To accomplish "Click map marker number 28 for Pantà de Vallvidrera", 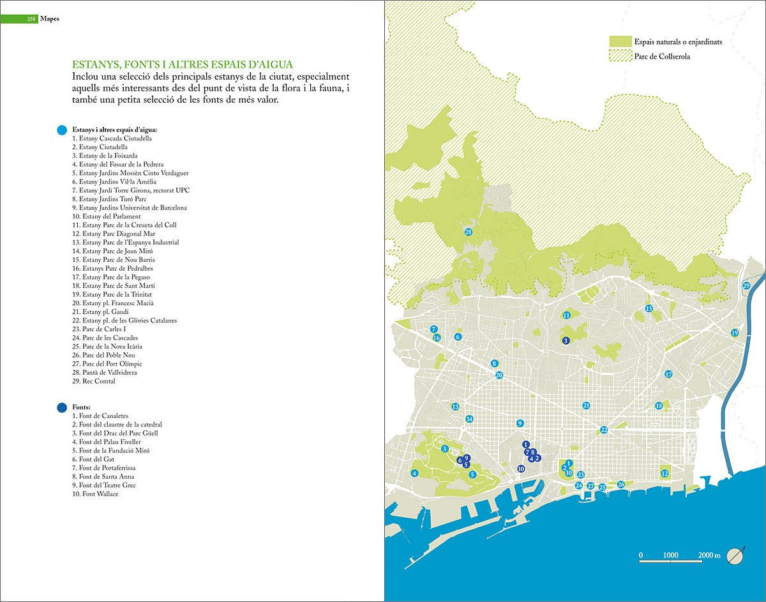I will click(468, 232).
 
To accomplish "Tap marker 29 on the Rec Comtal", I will click(746, 285).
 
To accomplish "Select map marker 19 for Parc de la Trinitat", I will click(735, 333).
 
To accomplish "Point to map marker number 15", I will click(649, 308).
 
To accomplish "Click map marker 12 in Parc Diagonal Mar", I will click(665, 473).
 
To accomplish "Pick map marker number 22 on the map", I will click(604, 430).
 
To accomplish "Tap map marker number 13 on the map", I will click(455, 407).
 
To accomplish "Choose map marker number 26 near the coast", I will click(620, 485).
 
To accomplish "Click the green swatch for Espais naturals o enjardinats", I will click(619, 41).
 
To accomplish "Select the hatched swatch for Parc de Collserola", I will click(619, 57).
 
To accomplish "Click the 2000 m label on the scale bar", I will click(709, 555).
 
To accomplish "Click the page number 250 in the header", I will click(30, 19).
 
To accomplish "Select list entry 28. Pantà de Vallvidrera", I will click(104, 372).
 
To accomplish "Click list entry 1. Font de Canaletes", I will click(100, 416).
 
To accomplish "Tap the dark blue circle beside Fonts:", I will click(61, 407).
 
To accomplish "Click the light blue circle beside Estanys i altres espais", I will click(61, 130).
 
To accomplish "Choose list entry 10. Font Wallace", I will click(95, 493).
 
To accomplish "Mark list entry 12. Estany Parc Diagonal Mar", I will click(114, 234).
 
